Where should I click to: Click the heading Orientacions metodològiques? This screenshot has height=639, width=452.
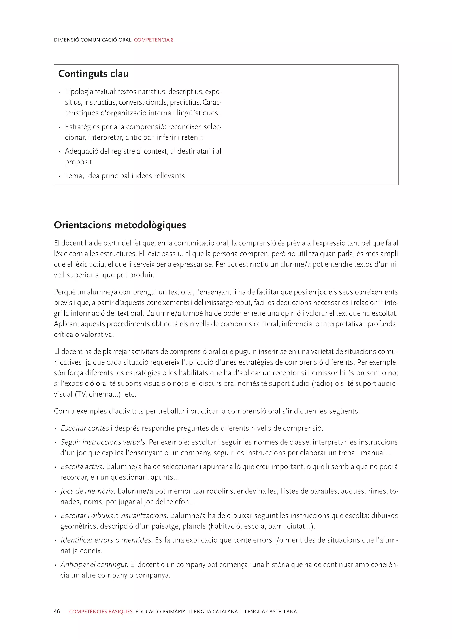120,225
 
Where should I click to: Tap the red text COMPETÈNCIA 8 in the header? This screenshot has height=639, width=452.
154,40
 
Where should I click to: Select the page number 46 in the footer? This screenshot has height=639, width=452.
57,611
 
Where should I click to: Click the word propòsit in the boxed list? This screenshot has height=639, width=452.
79,162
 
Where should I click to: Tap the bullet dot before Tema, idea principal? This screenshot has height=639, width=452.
60,176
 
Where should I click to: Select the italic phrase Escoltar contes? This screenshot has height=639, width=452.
85,428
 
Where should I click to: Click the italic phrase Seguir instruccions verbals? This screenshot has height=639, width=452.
104,442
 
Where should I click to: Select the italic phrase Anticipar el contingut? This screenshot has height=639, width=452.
94,564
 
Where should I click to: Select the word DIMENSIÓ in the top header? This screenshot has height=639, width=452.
66,40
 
